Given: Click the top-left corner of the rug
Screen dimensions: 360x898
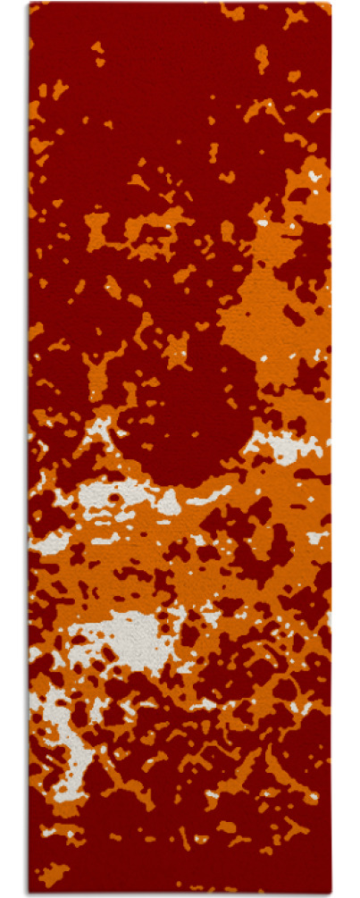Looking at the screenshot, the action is [x=29, y=4].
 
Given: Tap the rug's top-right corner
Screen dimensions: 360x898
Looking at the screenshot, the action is [x=330, y=4].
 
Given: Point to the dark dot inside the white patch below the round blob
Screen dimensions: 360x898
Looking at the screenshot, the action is [x=113, y=498].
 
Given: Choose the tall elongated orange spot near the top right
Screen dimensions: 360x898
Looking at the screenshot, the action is [x=261, y=58].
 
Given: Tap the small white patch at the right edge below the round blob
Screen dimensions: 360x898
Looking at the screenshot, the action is [x=317, y=537].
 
